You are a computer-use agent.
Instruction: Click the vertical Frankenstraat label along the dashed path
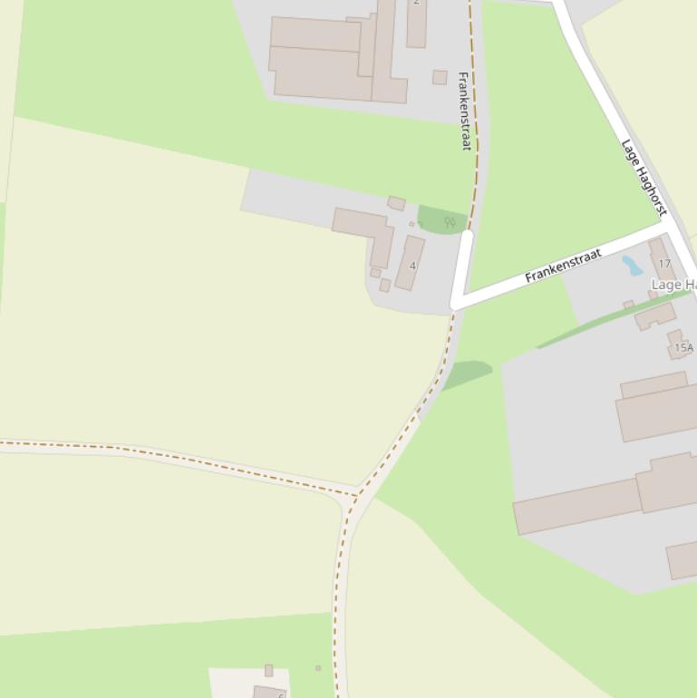(x=465, y=111)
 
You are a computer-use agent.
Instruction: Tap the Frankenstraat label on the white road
(x=563, y=267)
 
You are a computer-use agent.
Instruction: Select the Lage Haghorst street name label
(x=644, y=176)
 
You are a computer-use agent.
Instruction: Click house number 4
(x=412, y=266)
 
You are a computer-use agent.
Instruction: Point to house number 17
(x=664, y=264)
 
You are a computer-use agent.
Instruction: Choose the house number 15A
(x=683, y=347)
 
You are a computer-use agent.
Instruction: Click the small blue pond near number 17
(x=631, y=265)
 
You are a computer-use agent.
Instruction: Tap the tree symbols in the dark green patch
(x=450, y=221)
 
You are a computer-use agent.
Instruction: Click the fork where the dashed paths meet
(x=356, y=496)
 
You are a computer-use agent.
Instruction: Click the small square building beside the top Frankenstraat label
(x=440, y=77)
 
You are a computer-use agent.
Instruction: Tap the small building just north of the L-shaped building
(x=396, y=203)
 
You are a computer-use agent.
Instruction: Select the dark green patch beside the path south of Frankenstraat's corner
(x=467, y=373)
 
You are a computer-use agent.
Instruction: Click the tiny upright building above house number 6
(x=268, y=670)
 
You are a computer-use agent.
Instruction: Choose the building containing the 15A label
(x=679, y=344)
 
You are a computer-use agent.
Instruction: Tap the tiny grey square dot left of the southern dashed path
(x=318, y=668)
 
